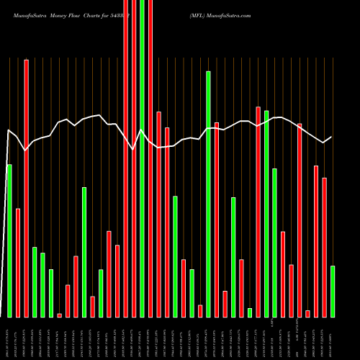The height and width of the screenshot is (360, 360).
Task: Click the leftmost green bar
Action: (9, 240)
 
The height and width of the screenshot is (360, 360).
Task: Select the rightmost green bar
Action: (333, 291)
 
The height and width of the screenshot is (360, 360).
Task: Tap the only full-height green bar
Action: (143, 158)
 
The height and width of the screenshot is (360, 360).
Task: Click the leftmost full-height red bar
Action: (126, 158)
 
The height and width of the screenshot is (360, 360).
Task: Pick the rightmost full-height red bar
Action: (150, 158)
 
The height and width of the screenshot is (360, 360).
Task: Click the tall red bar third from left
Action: (27, 188)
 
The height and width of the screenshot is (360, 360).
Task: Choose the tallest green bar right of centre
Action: (209, 194)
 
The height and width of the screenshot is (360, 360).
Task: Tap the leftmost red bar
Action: (18, 262)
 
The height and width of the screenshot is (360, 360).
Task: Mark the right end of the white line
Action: (332, 137)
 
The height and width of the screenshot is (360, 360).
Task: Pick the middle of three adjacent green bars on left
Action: (43, 284)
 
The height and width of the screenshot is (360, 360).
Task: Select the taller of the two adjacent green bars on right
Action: (266, 213)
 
